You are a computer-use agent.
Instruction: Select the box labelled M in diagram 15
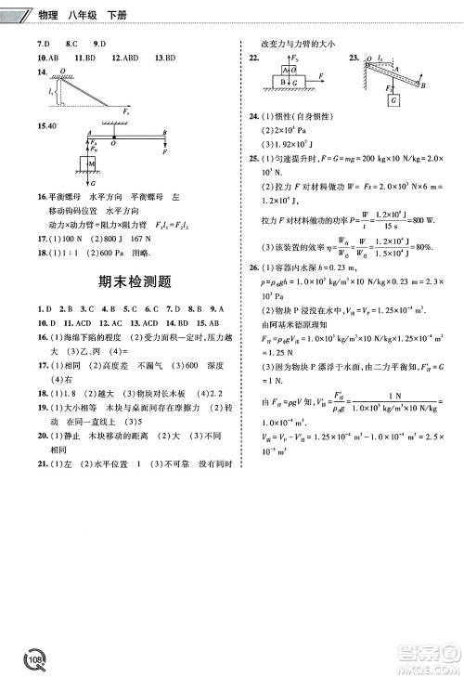[91, 165]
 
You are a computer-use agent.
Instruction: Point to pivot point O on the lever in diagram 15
[113, 143]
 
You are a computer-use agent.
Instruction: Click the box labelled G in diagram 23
[395, 98]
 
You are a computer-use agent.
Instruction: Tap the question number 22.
[252, 59]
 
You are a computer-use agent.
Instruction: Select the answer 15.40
[47, 125]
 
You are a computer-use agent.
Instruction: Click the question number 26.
[253, 268]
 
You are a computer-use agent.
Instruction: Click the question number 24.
[253, 116]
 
